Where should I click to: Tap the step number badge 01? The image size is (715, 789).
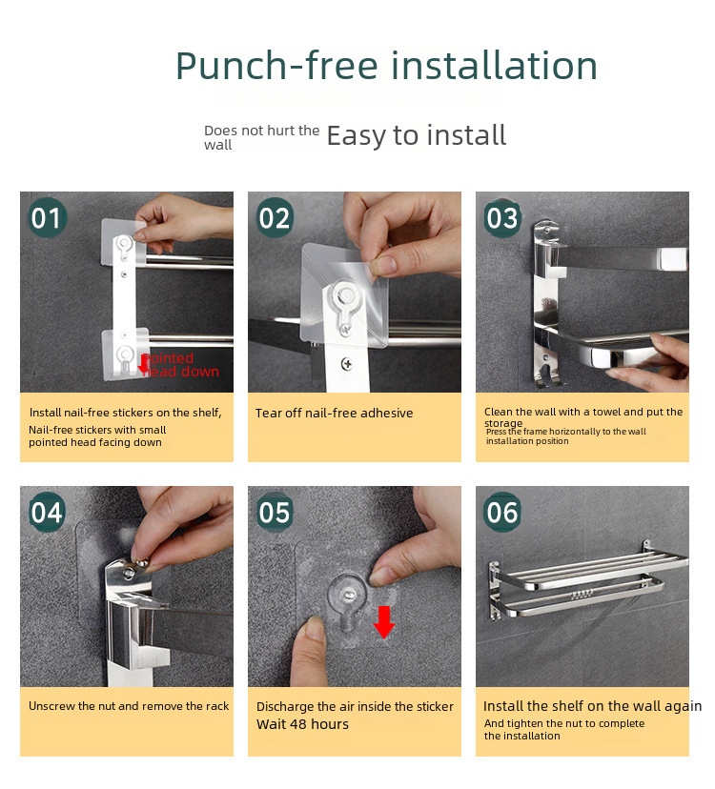tap(47, 217)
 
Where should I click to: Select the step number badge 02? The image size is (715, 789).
tap(275, 217)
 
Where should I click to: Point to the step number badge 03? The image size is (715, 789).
tap(502, 217)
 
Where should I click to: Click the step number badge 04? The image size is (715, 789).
tap(47, 512)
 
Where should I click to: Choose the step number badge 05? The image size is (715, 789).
tap(275, 512)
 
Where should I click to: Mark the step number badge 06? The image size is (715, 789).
tap(502, 512)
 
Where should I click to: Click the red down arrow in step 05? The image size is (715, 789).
tap(384, 622)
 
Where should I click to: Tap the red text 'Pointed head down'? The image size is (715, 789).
tap(180, 365)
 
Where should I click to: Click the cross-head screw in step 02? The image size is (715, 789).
tap(346, 363)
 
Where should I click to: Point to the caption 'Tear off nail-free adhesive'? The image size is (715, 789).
tap(334, 414)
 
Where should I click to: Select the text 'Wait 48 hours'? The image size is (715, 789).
tap(302, 724)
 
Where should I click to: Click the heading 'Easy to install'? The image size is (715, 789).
tap(417, 136)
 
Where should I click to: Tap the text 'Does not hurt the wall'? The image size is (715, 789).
tap(262, 137)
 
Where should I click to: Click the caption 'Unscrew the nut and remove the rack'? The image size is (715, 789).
tap(129, 706)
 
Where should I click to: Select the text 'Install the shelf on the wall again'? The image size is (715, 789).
tap(593, 706)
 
